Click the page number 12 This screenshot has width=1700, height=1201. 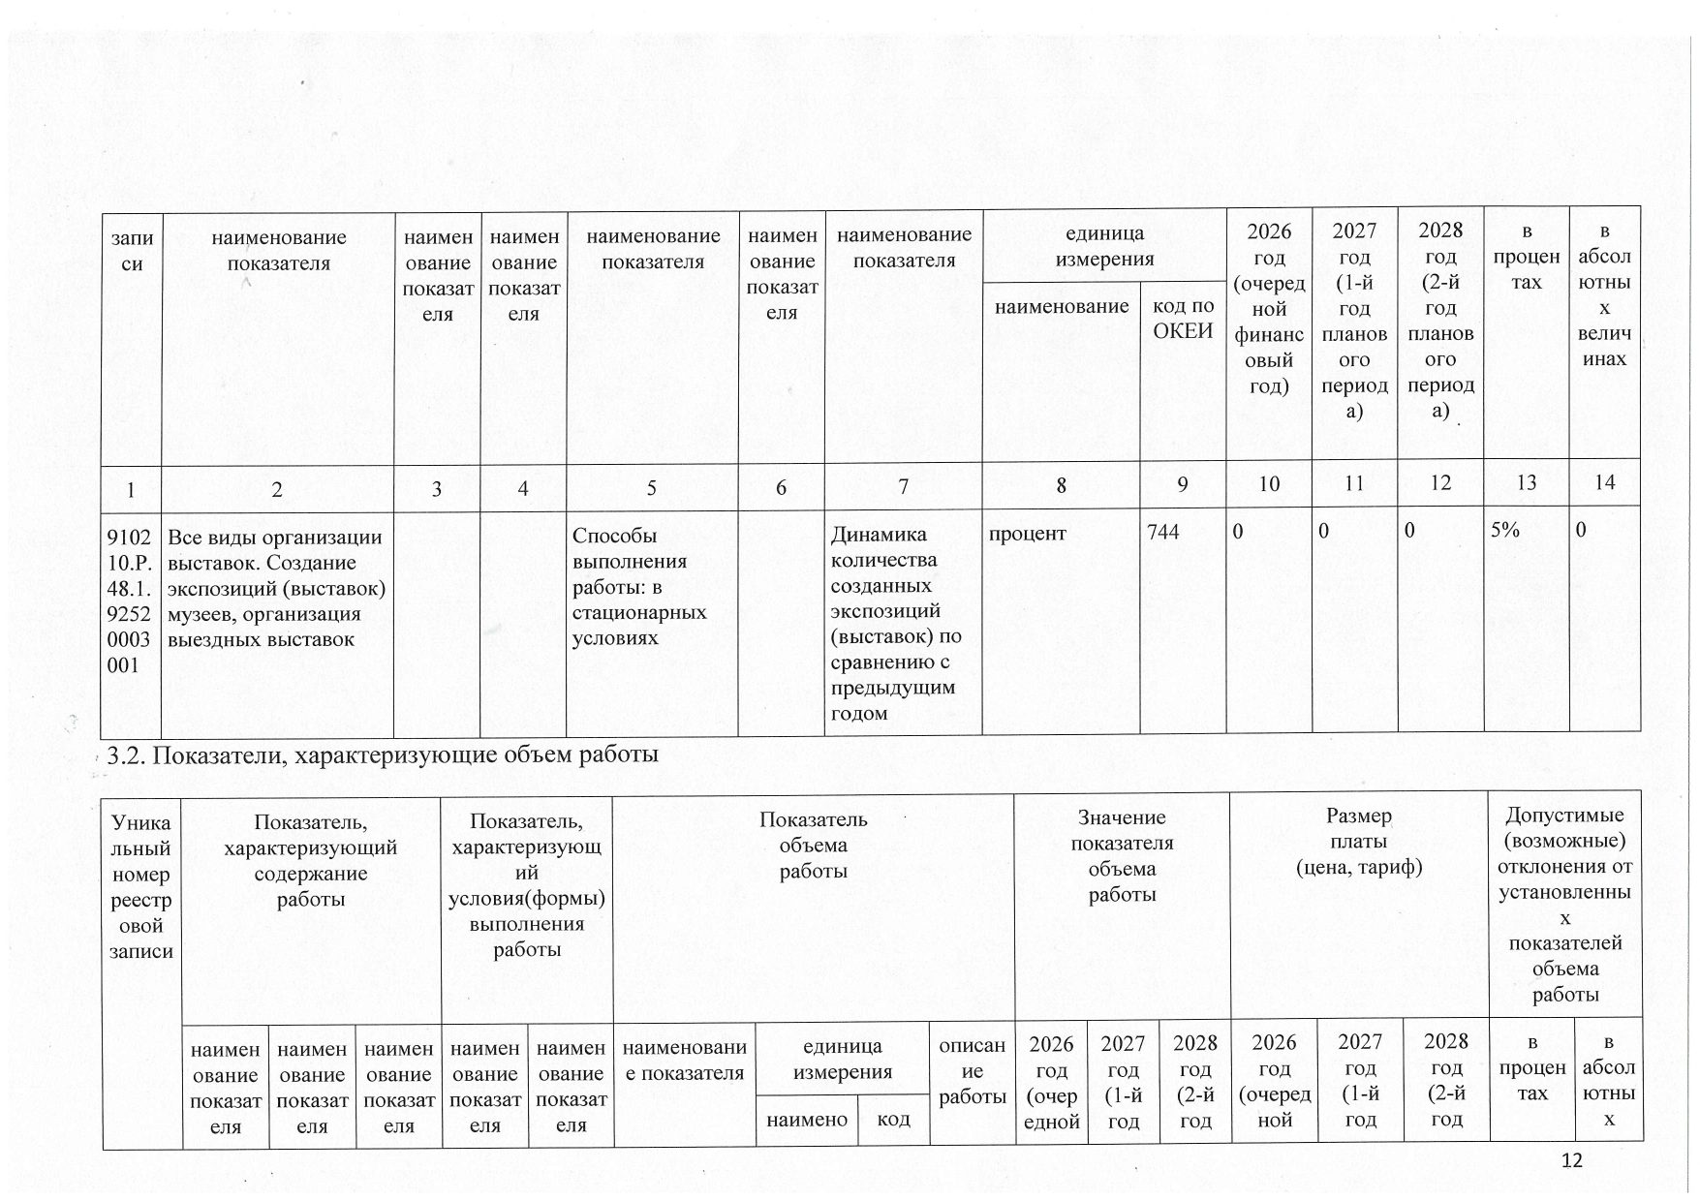point(1572,1160)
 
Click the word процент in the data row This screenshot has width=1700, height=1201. point(1028,533)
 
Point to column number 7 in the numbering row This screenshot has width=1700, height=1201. point(903,486)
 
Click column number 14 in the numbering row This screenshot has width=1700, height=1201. point(1604,482)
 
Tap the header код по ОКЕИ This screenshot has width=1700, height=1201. point(1182,319)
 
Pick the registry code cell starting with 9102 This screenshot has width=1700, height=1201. point(132,600)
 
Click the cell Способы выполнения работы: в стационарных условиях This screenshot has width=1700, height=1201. point(641,586)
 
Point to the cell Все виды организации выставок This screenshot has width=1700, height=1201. point(276,587)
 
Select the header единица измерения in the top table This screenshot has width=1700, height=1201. point(1104,246)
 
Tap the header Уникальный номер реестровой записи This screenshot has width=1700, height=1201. point(140,886)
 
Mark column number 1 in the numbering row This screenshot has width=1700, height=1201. point(131,488)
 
